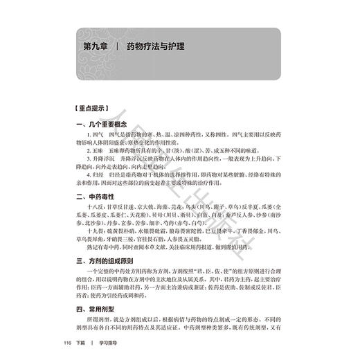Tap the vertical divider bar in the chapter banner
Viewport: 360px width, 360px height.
[119, 50]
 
